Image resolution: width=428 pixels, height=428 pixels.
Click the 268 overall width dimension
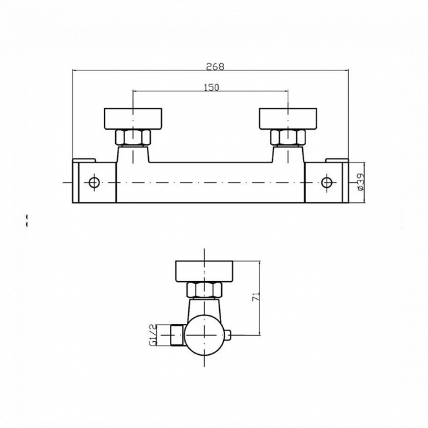[x=215, y=66]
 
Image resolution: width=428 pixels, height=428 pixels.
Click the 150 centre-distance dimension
[x=211, y=87]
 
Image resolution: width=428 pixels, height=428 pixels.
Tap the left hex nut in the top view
[x=133, y=138]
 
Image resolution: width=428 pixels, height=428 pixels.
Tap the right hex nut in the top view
[x=288, y=138]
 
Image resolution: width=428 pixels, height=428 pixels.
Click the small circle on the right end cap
[x=327, y=182]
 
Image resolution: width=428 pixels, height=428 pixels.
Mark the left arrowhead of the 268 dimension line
[x=74, y=70]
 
